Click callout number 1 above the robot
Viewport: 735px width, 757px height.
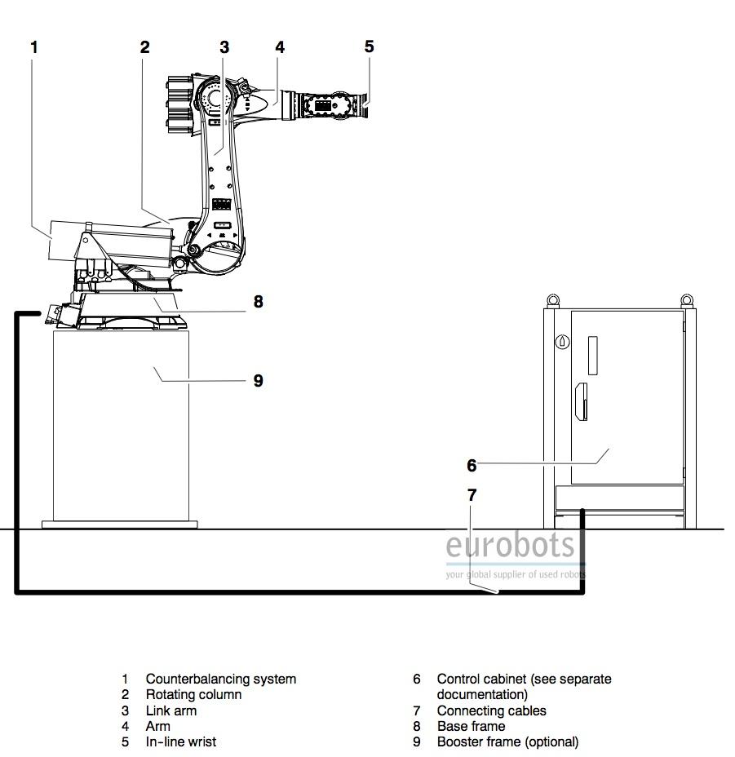point(33,47)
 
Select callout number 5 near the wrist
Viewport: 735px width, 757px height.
point(369,46)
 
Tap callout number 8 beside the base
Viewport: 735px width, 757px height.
point(259,302)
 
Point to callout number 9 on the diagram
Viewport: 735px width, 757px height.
point(259,381)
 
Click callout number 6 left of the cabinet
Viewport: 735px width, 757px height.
point(472,466)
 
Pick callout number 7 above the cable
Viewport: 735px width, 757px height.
point(472,495)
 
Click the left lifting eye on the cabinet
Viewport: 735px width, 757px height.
point(553,301)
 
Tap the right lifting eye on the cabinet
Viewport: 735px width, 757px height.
point(687,301)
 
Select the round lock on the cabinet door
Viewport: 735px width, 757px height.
point(563,342)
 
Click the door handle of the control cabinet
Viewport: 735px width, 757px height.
point(582,401)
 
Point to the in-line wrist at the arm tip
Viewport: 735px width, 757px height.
point(333,104)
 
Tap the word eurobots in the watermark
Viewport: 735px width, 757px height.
point(510,545)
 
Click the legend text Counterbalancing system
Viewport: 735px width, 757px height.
point(221,679)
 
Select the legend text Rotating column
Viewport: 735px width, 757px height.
point(193,695)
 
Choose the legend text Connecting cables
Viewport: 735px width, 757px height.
point(492,711)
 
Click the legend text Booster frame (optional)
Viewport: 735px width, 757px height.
point(507,742)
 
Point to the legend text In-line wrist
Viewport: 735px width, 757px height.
point(181,742)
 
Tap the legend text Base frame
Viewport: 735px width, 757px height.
point(472,726)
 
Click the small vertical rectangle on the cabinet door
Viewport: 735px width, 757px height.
point(592,356)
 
